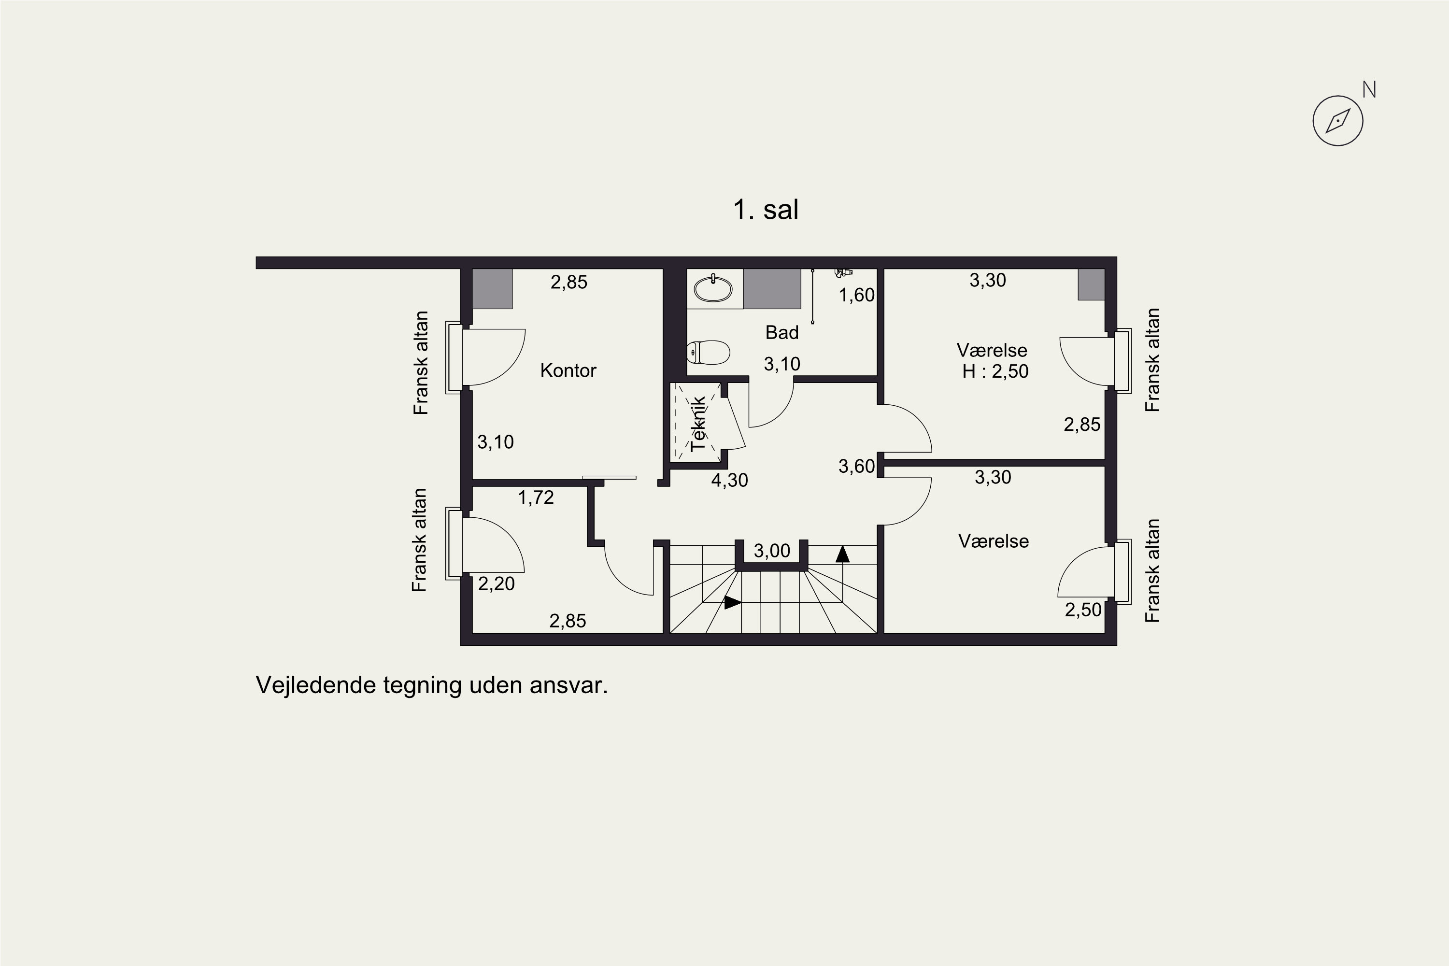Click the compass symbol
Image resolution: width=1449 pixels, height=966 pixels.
point(1337,121)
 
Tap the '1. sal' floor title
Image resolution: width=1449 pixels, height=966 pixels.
point(766,210)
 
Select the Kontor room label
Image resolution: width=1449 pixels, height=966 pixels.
point(568,370)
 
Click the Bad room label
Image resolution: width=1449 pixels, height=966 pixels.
point(782,333)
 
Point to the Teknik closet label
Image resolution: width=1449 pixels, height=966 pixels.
point(698,424)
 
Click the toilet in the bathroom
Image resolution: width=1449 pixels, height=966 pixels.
point(709,353)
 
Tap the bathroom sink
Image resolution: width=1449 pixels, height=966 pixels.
point(713,289)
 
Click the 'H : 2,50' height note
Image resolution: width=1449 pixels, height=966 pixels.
point(995,371)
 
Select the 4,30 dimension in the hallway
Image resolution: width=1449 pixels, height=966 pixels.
point(730,480)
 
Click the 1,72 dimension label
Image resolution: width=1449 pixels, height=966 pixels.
point(536,497)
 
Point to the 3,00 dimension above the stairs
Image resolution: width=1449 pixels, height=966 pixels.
point(772,551)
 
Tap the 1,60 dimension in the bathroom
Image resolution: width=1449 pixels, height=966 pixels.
point(857,295)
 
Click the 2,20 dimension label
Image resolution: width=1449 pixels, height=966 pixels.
point(496,583)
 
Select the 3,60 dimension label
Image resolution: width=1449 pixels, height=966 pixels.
point(857,467)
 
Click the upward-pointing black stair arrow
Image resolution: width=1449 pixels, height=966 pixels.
point(842,554)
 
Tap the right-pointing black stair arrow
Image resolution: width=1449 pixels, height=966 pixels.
point(733,602)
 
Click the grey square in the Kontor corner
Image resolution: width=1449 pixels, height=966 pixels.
point(492,288)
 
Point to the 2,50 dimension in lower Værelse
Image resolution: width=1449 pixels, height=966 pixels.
point(1083,610)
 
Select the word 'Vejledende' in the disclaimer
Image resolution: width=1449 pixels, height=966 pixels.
point(315,685)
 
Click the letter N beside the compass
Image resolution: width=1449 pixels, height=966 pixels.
point(1369,90)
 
